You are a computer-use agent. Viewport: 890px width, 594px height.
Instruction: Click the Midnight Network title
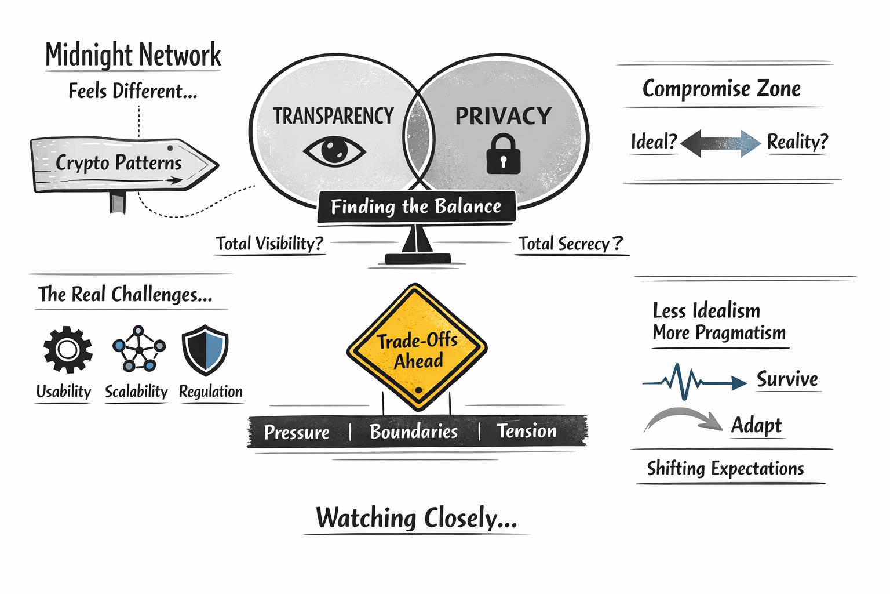pyautogui.click(x=133, y=55)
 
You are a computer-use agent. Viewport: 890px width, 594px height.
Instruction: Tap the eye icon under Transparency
pyautogui.click(x=334, y=151)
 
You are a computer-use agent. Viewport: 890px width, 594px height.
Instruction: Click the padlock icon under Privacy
pyautogui.click(x=503, y=154)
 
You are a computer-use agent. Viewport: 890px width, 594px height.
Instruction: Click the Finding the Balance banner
pyautogui.click(x=416, y=207)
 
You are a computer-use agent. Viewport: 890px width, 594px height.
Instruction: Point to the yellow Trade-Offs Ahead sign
pyautogui.click(x=417, y=349)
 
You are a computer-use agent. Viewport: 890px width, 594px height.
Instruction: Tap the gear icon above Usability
pyautogui.click(x=68, y=349)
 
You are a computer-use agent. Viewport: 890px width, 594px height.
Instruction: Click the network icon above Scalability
pyautogui.click(x=138, y=349)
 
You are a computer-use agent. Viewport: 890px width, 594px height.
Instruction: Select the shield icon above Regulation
pyautogui.click(x=205, y=350)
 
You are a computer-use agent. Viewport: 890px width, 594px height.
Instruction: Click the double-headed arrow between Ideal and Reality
pyautogui.click(x=721, y=143)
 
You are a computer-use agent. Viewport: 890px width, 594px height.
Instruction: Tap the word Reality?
pyautogui.click(x=797, y=142)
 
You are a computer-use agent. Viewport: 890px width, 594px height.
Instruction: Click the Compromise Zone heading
pyautogui.click(x=721, y=89)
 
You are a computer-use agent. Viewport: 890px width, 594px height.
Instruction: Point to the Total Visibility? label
pyautogui.click(x=269, y=244)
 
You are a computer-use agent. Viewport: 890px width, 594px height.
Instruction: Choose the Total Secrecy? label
pyautogui.click(x=570, y=244)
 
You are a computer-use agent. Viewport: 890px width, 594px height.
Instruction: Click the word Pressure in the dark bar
pyautogui.click(x=297, y=432)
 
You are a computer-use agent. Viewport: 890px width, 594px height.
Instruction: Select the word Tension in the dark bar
pyautogui.click(x=526, y=431)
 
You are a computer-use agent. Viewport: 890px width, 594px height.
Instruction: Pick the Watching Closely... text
pyautogui.click(x=416, y=517)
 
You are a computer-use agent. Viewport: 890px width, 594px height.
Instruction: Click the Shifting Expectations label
pyautogui.click(x=725, y=468)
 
